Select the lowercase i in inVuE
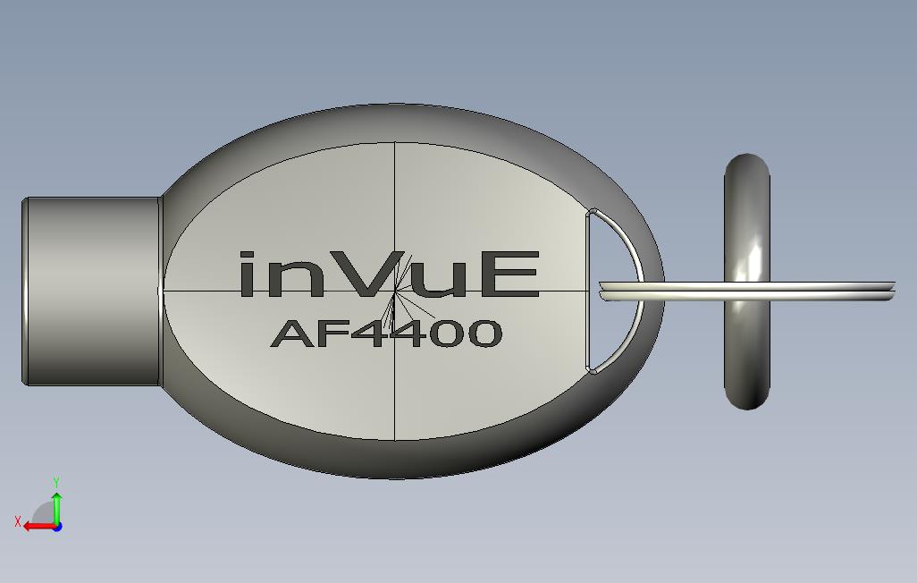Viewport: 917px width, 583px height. click(x=250, y=275)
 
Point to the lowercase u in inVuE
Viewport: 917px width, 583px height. click(x=449, y=279)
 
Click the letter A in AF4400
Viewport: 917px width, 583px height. click(x=290, y=334)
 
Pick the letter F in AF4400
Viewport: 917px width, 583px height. click(x=331, y=334)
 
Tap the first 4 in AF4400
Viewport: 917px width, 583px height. click(x=368, y=334)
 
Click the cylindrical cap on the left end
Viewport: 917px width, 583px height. click(x=91, y=291)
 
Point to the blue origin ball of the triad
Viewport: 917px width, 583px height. click(x=56, y=527)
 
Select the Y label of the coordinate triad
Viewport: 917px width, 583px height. click(x=56, y=483)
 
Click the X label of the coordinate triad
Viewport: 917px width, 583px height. click(x=18, y=521)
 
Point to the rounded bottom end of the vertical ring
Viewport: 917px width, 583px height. click(x=746, y=401)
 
